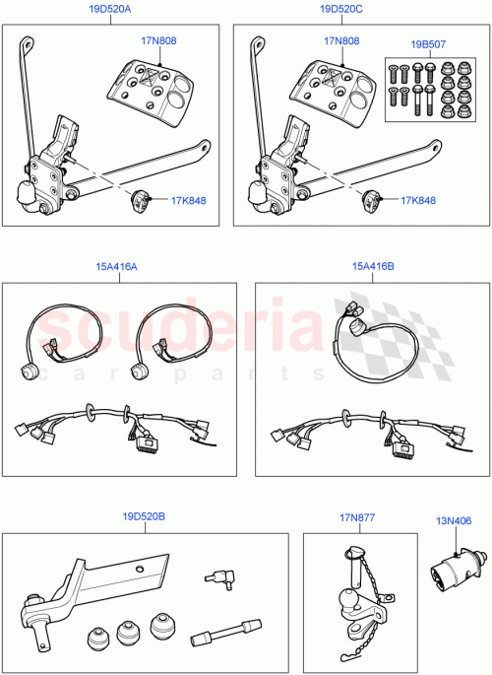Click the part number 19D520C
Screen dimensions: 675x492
340,9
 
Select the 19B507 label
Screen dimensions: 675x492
429,44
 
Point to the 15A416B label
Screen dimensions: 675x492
373,266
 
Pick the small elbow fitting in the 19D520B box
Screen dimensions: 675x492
218,578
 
